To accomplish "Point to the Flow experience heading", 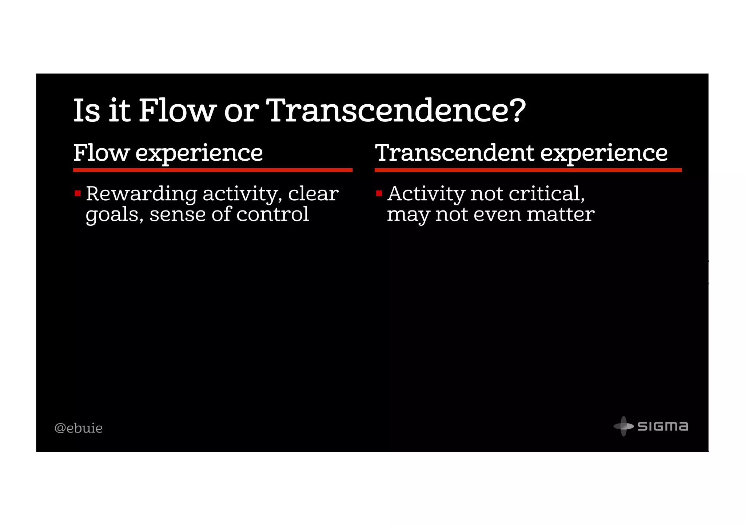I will (168, 153).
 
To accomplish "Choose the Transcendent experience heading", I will (521, 153).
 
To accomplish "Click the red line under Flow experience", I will (213, 170).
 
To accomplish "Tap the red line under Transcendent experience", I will (528, 170).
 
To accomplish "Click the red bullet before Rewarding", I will (77, 193).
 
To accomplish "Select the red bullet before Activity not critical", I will (379, 193).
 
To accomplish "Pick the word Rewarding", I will (142, 194).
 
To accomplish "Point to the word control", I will (272, 214).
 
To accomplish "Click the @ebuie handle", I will (78, 428).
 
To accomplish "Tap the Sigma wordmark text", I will (663, 426).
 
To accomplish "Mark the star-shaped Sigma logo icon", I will (624, 426).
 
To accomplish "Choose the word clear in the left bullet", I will (313, 193).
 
